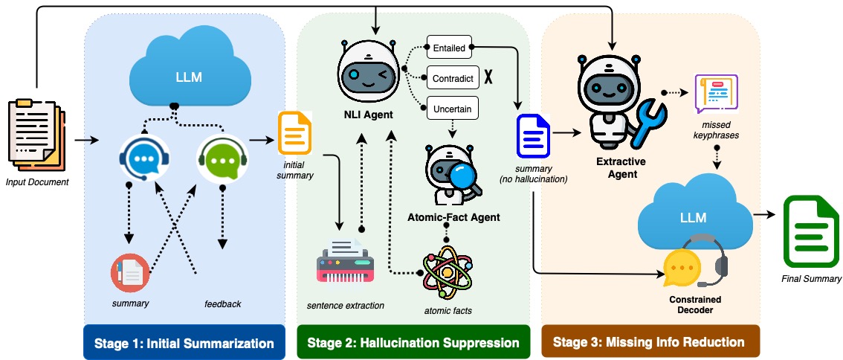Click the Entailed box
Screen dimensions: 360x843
pyautogui.click(x=449, y=48)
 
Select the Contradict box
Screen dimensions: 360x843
pyautogui.click(x=453, y=77)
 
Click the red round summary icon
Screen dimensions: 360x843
pyautogui.click(x=129, y=273)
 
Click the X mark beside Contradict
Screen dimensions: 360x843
pyautogui.click(x=489, y=77)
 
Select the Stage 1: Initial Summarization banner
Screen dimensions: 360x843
pyautogui.click(x=184, y=343)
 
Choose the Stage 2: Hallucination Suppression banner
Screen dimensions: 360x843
pyautogui.click(x=413, y=343)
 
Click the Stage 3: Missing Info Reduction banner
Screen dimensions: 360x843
pyautogui.click(x=649, y=343)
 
